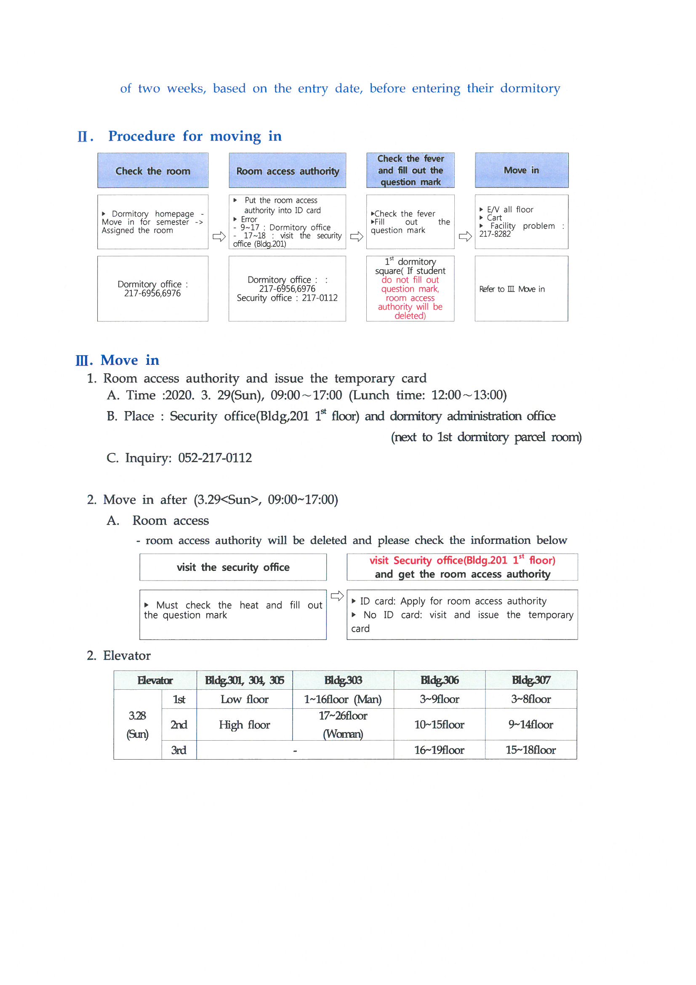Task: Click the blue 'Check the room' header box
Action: [153, 171]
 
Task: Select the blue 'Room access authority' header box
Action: [287, 171]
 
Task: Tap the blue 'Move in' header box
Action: [521, 170]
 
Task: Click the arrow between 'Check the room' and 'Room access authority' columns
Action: [219, 236]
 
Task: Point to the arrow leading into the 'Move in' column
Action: [465, 236]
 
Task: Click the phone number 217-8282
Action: [495, 234]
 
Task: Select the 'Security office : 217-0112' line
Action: [287, 298]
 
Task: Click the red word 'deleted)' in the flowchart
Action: [410, 316]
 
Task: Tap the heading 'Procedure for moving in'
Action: [195, 136]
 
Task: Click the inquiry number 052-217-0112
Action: [215, 458]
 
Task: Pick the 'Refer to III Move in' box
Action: [521, 289]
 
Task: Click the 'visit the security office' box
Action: [233, 567]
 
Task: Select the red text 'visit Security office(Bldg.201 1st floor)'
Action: [462, 560]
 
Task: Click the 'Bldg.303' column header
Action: [343, 680]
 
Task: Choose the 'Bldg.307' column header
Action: [531, 680]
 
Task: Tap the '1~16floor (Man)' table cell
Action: [343, 699]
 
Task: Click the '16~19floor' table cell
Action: [439, 750]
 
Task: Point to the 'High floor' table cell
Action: [245, 725]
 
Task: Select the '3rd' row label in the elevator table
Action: [179, 750]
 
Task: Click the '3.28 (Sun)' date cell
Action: [137, 725]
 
